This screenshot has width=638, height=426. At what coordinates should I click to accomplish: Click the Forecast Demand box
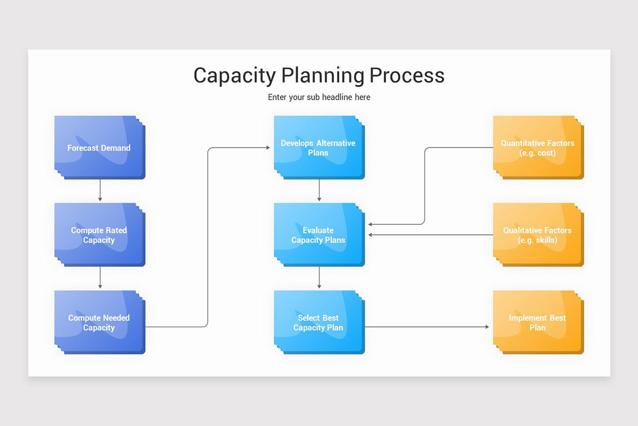[99, 148]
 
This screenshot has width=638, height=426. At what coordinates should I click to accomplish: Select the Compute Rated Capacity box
[99, 235]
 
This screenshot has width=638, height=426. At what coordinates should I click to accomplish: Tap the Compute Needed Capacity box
[99, 322]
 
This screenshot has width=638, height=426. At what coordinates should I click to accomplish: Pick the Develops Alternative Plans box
[318, 148]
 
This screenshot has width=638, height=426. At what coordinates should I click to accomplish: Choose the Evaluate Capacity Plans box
[318, 235]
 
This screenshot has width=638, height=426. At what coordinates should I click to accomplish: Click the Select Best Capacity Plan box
[318, 322]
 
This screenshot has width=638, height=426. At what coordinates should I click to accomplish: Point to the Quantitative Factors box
[537, 148]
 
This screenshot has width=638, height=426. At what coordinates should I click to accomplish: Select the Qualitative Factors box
[537, 235]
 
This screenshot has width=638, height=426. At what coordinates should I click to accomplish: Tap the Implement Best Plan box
[537, 322]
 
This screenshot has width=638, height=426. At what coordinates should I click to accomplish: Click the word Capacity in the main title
[234, 76]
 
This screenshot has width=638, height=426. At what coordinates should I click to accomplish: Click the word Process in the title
[407, 76]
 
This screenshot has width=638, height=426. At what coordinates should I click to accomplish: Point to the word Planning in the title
[322, 76]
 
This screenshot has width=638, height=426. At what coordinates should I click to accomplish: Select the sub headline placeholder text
[319, 97]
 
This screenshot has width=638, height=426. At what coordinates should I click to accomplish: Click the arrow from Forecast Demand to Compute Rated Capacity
[100, 191]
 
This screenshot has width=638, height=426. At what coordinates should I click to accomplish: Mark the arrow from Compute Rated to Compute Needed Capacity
[100, 278]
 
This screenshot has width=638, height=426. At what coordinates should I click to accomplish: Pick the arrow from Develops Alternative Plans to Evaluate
[319, 191]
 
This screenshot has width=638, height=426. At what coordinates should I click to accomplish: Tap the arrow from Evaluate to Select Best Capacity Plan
[319, 278]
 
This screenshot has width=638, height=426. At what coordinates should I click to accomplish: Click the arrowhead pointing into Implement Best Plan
[486, 326]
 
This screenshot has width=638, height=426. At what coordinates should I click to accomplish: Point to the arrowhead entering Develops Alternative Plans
[267, 148]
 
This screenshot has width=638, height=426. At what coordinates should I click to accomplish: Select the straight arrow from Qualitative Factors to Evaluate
[431, 235]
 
